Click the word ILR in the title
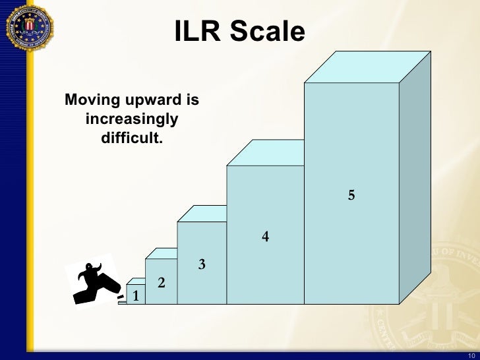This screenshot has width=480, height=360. point(198,30)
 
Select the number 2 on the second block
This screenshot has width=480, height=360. point(161,283)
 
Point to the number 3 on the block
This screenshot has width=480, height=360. point(202,265)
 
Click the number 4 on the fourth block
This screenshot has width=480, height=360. point(265,236)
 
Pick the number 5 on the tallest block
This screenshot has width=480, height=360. point(351,195)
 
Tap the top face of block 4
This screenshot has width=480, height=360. point(274,153)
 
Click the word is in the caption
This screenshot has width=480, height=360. point(192,101)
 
